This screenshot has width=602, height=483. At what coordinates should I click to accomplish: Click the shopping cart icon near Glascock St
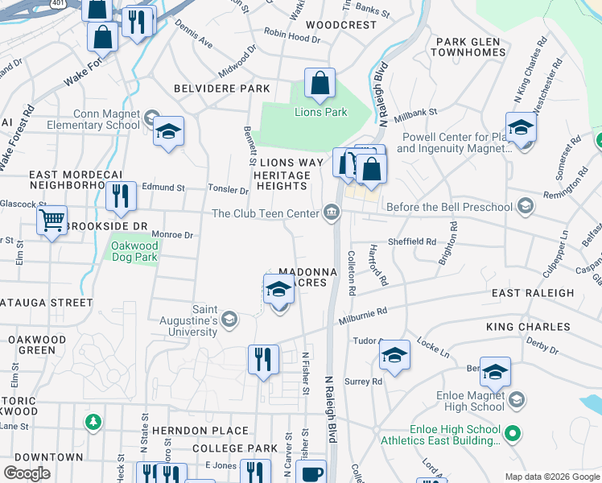point(52,219)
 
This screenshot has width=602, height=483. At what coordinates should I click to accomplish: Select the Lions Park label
point(321,112)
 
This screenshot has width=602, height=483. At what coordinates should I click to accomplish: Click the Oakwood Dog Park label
point(134,250)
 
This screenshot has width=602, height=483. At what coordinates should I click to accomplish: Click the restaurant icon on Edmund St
point(121,197)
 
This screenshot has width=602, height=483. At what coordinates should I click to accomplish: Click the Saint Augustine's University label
point(204,320)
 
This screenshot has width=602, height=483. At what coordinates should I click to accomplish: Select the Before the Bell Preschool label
point(449,207)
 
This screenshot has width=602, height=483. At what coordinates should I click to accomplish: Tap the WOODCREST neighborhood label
point(341,25)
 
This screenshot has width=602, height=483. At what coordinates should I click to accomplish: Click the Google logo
point(27,473)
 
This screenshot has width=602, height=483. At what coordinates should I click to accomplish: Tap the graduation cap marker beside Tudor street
point(394,356)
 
